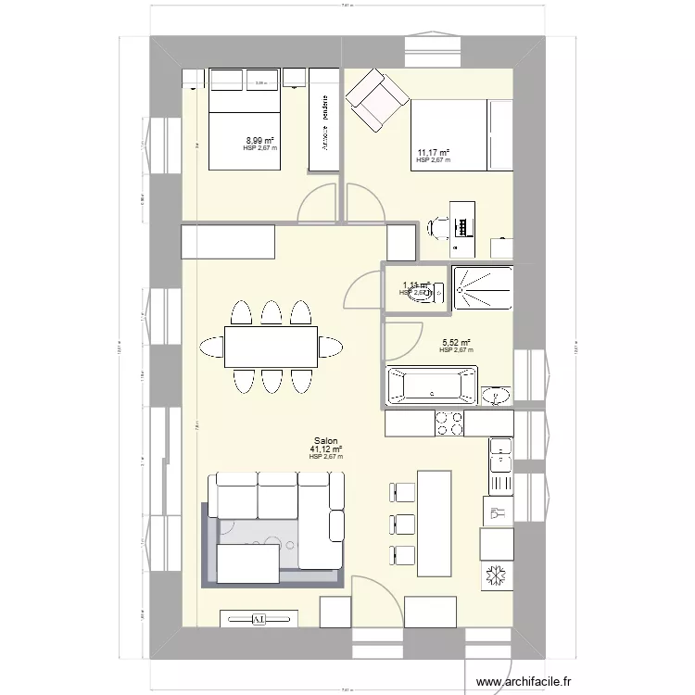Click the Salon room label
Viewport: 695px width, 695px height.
(x=325, y=441)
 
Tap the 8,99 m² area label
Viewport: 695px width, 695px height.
(x=259, y=141)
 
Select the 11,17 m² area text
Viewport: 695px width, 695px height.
(x=433, y=153)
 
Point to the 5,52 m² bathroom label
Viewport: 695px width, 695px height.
(x=456, y=343)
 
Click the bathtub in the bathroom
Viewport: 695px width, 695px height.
(x=431, y=385)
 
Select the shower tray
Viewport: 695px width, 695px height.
(x=482, y=288)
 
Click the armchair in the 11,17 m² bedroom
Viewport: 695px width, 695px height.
(x=376, y=99)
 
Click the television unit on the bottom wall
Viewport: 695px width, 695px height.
(x=259, y=618)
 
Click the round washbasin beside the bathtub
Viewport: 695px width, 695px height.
(x=496, y=397)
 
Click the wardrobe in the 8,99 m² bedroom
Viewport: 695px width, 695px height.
(x=324, y=119)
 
